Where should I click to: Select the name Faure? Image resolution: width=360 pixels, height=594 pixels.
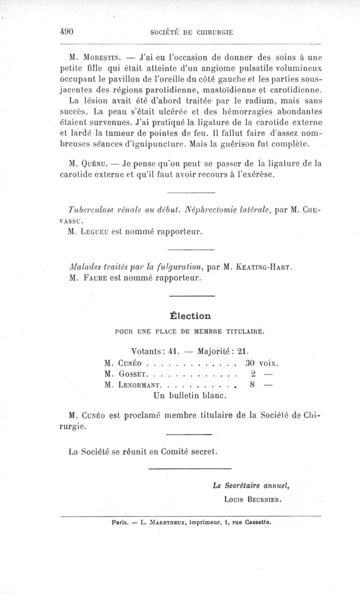click(x=93, y=278)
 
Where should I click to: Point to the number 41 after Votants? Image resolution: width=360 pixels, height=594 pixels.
click(x=162, y=350)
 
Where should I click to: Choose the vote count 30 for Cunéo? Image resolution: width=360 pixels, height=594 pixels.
click(x=251, y=362)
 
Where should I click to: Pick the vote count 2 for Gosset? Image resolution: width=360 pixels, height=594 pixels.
click(x=253, y=373)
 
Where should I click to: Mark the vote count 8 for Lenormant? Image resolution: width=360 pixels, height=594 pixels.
click(x=252, y=385)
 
